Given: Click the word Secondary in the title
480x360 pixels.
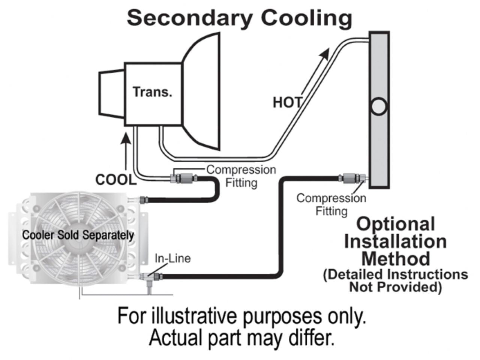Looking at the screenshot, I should click(x=190, y=18).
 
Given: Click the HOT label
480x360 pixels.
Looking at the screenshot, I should click(x=287, y=102).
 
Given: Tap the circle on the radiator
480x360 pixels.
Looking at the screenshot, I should click(x=378, y=106).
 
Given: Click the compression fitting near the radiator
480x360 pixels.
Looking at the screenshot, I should click(x=351, y=178).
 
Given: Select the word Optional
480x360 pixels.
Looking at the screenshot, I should click(x=396, y=225).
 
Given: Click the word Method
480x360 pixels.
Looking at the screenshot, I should click(x=396, y=258).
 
